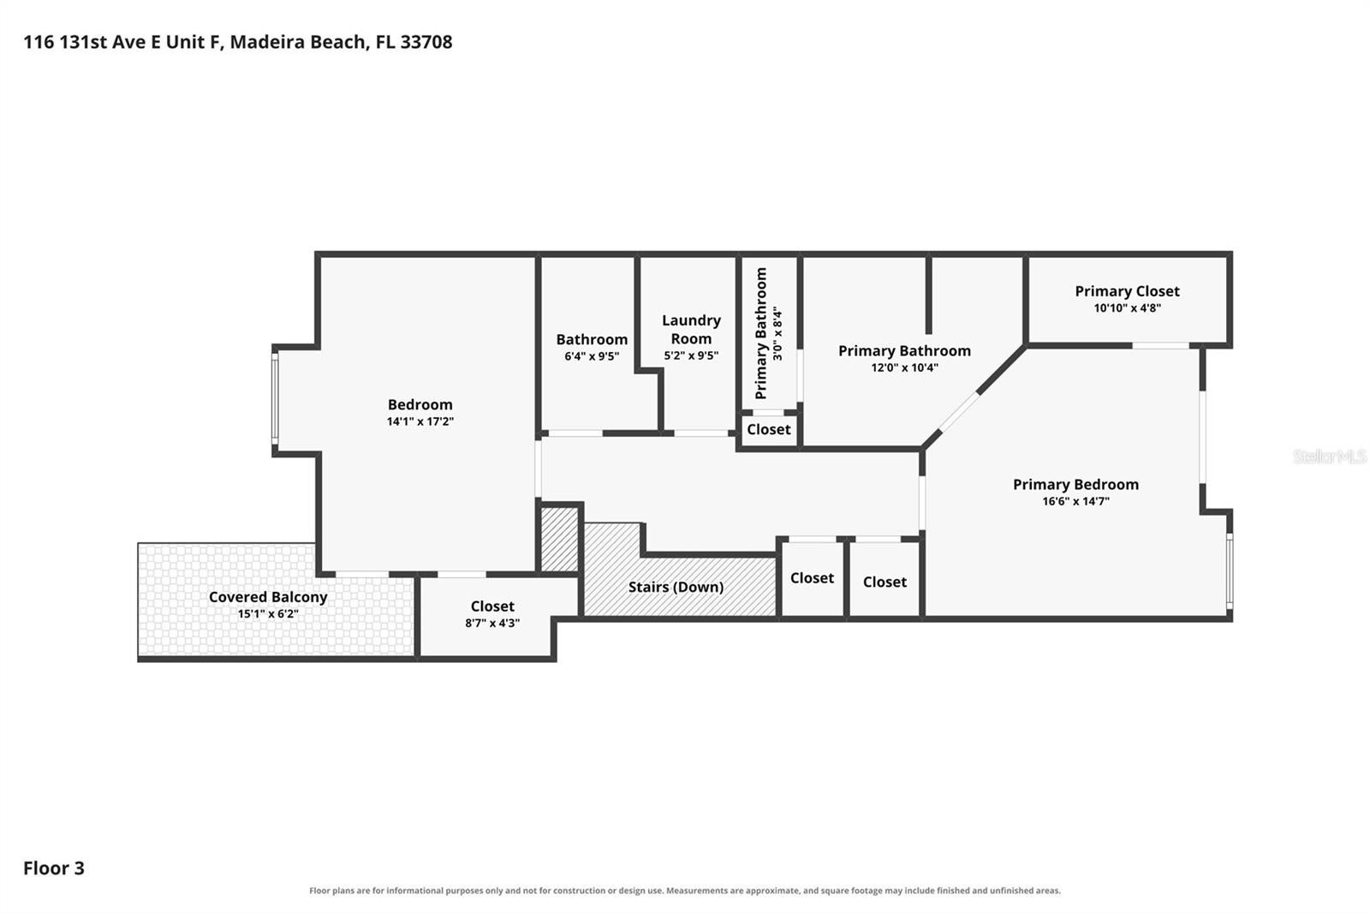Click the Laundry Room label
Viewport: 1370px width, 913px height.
pos(691,329)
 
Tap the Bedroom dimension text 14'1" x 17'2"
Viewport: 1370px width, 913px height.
pos(420,421)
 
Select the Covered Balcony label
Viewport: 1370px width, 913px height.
pos(268,597)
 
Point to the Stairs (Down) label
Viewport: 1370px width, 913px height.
pos(676,587)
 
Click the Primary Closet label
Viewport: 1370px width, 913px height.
pos(1127,291)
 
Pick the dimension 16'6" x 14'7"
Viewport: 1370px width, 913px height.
pos(1075,501)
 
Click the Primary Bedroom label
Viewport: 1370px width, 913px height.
pos(1075,485)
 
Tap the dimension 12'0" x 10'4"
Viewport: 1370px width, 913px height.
pos(904,367)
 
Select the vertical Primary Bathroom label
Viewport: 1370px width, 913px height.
pos(761,333)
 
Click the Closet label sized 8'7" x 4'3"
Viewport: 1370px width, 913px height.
pos(492,606)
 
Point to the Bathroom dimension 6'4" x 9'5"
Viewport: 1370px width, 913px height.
pos(592,356)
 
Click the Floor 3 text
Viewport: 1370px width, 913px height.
pos(54,868)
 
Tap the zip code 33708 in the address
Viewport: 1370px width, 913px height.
pos(426,42)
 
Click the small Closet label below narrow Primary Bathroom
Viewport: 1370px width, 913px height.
pos(769,430)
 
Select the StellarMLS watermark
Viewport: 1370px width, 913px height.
pos(1330,456)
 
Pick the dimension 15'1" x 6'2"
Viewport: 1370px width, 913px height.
pos(268,614)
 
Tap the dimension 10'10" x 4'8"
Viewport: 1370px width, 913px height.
pos(1127,307)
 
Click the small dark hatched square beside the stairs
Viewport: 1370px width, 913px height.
pos(560,539)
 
